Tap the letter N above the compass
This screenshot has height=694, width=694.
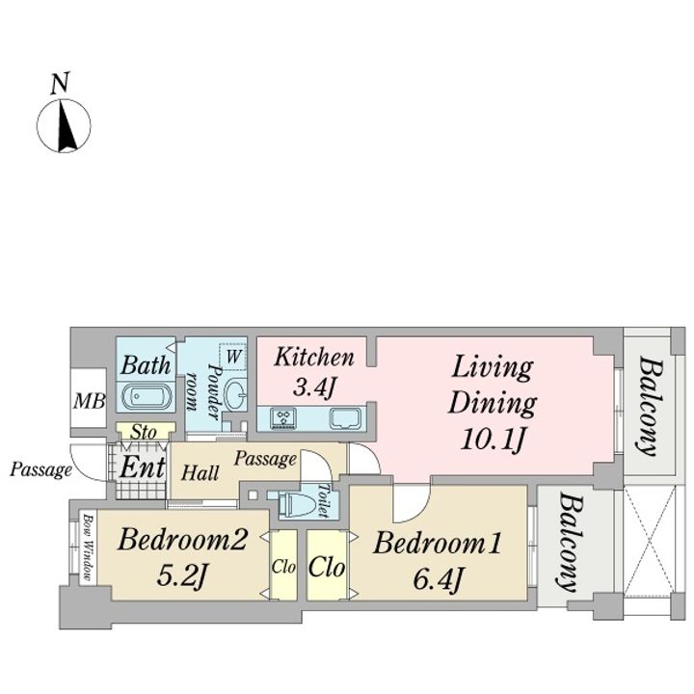(60, 84)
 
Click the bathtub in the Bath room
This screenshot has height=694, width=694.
(146, 396)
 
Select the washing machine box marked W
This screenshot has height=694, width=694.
(233, 357)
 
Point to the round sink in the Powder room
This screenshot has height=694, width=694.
(236, 394)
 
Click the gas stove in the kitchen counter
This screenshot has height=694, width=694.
(283, 418)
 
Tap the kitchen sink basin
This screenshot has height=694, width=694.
(347, 418)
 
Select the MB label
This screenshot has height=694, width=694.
(90, 401)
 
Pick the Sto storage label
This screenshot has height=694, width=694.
(145, 432)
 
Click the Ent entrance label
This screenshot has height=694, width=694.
(143, 467)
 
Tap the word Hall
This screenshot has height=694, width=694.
(200, 472)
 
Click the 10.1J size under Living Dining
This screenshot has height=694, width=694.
(494, 440)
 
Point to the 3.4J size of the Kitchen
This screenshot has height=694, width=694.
(314, 387)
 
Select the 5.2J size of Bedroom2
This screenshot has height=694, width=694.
(182, 575)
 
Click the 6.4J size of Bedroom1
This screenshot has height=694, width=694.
(439, 578)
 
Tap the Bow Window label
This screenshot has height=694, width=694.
(88, 547)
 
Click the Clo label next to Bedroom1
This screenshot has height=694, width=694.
(327, 567)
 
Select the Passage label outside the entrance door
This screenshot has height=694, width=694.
(40, 470)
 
